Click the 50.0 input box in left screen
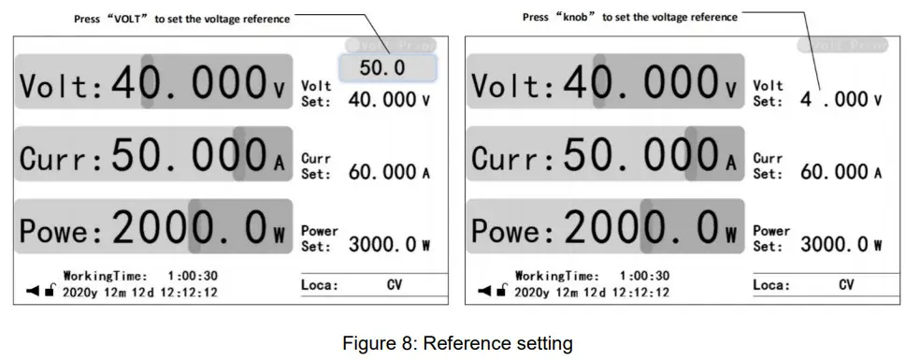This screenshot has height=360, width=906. click(387, 68)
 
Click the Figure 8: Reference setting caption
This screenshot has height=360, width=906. click(456, 343)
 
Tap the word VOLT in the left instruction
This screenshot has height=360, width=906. click(128, 19)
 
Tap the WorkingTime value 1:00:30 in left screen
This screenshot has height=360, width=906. click(193, 276)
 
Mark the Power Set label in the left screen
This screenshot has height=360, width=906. click(320, 238)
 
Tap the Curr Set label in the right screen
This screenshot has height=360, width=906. click(768, 166)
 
